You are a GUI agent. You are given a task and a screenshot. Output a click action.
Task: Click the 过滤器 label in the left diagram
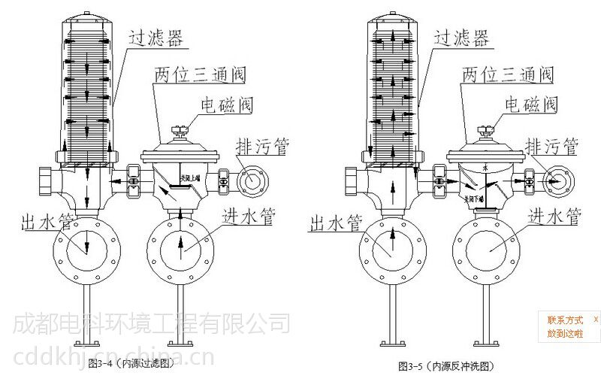tap(157, 39)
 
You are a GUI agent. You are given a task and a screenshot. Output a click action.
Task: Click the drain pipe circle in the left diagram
tap(248, 180)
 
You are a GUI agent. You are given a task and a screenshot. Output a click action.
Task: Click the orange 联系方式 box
tap(565, 326)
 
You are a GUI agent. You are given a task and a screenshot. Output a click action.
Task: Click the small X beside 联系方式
tap(595, 320)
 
